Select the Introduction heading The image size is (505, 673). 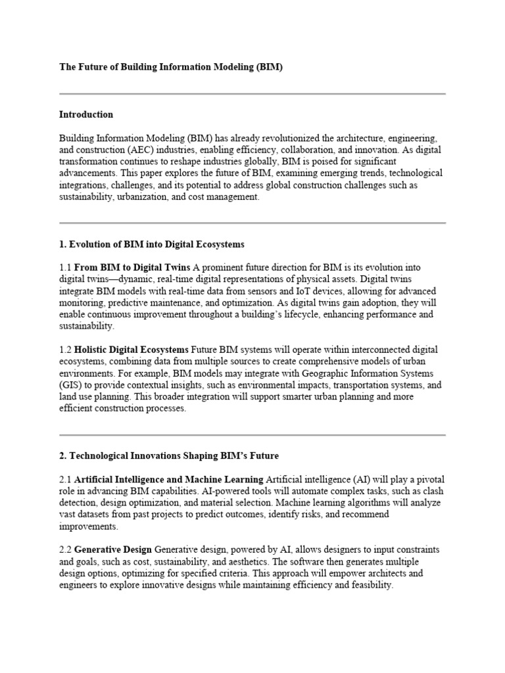point(86,114)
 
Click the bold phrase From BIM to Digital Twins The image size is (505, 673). point(132,268)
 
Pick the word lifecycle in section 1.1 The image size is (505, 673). point(260,315)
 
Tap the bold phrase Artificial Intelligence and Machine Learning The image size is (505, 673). point(169,480)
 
